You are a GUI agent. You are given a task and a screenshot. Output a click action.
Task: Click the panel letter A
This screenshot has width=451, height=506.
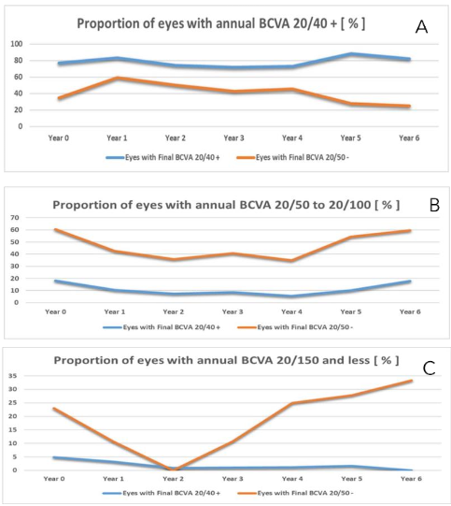pos(421,27)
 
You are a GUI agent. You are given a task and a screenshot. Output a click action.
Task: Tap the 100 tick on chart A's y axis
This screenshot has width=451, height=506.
pos(17,44)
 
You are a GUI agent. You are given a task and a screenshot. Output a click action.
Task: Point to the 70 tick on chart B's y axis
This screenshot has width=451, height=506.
pos(16,217)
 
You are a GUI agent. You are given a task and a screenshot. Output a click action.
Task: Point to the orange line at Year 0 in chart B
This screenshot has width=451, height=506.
pos(57,229)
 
